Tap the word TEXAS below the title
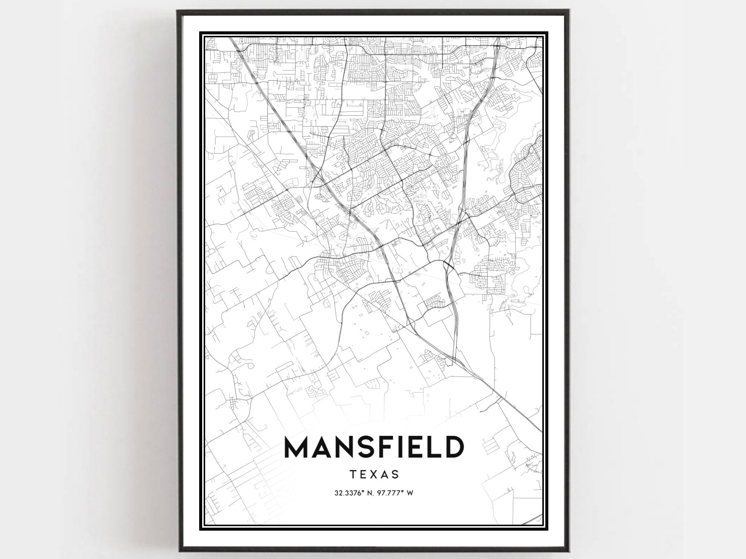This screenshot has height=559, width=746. point(374,474)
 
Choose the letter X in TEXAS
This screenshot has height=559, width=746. point(374,474)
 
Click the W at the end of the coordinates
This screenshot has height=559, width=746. point(410,493)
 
